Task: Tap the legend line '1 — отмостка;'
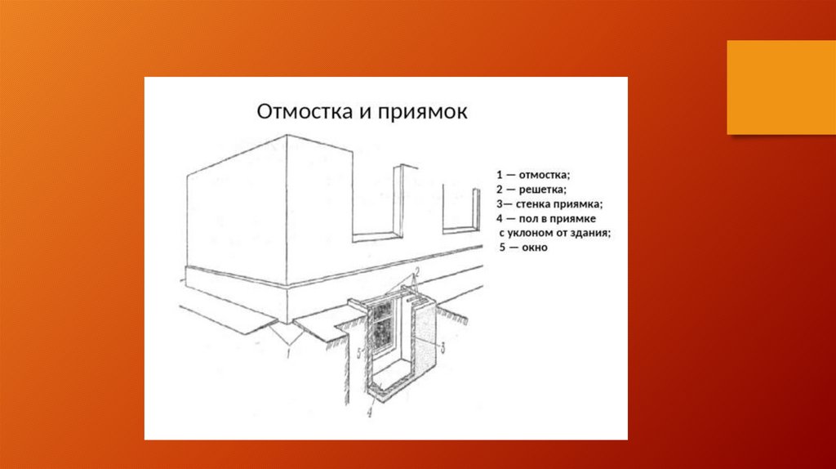(x=531, y=175)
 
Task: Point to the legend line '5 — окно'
(x=524, y=248)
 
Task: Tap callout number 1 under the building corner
(x=287, y=353)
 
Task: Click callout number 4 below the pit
(x=369, y=413)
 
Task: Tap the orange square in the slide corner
(x=780, y=87)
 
